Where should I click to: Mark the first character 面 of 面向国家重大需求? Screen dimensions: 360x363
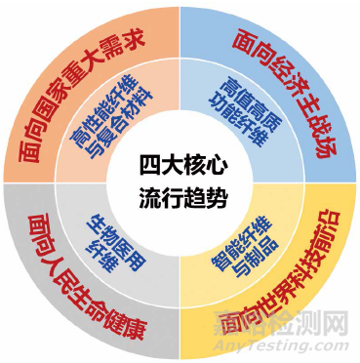click(x=26, y=154)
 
